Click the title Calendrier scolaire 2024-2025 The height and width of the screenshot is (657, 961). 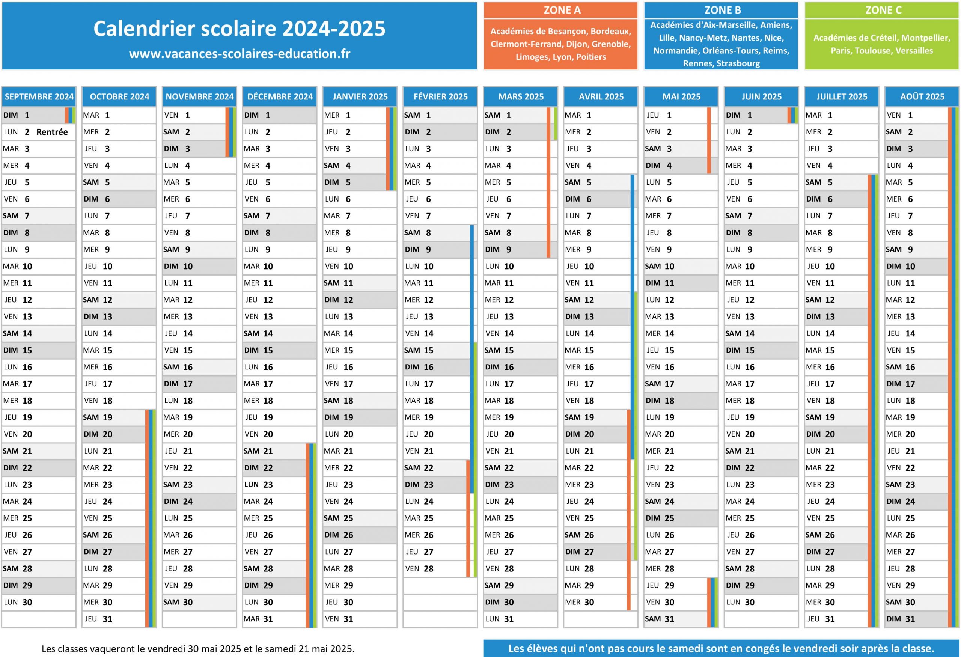(x=239, y=29)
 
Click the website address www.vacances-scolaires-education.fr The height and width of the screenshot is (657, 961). (x=239, y=54)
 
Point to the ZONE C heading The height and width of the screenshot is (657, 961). (x=883, y=10)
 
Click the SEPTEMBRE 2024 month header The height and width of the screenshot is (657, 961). (x=39, y=97)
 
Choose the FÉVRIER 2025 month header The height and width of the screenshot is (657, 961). (x=440, y=97)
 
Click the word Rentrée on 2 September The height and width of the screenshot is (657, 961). (x=52, y=132)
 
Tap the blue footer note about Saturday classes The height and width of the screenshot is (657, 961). (x=721, y=648)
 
